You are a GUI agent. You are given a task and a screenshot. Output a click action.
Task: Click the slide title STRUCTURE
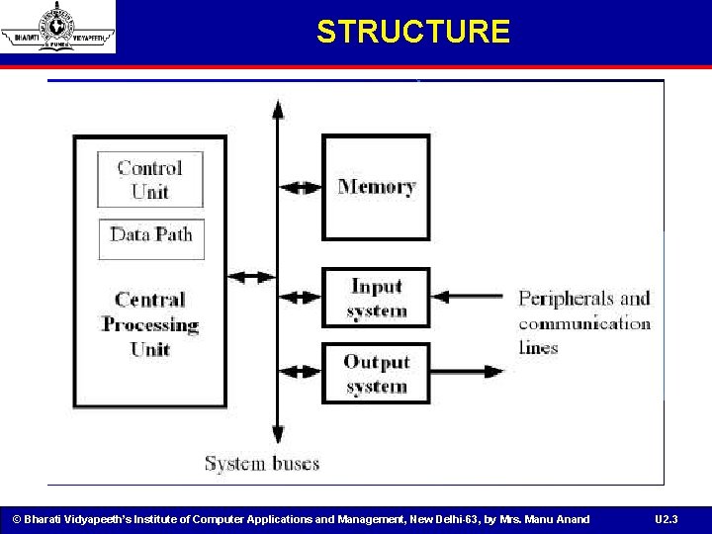click(x=412, y=32)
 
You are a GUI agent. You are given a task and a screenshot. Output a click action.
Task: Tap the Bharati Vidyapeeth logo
click(x=57, y=28)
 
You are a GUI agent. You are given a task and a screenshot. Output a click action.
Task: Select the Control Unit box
click(x=150, y=179)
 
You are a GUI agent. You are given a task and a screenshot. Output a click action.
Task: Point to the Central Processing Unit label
click(x=150, y=324)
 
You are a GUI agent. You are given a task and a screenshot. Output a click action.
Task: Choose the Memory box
click(x=376, y=187)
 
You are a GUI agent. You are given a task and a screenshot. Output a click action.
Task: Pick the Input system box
click(x=376, y=298)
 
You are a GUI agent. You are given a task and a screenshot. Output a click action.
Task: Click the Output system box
click(x=376, y=373)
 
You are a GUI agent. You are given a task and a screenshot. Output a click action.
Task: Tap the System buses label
click(x=262, y=462)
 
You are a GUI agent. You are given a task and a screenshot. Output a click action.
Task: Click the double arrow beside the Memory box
click(x=301, y=187)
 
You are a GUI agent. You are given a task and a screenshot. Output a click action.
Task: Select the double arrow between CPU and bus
click(x=252, y=278)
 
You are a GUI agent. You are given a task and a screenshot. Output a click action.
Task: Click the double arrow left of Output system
click(x=301, y=372)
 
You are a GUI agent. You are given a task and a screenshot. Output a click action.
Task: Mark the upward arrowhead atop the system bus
click(x=278, y=108)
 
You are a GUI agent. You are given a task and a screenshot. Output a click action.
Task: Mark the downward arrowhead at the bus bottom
click(x=278, y=435)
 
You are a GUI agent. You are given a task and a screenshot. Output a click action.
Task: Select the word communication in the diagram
click(x=584, y=323)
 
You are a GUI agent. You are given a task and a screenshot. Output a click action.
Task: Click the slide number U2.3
click(x=667, y=519)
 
